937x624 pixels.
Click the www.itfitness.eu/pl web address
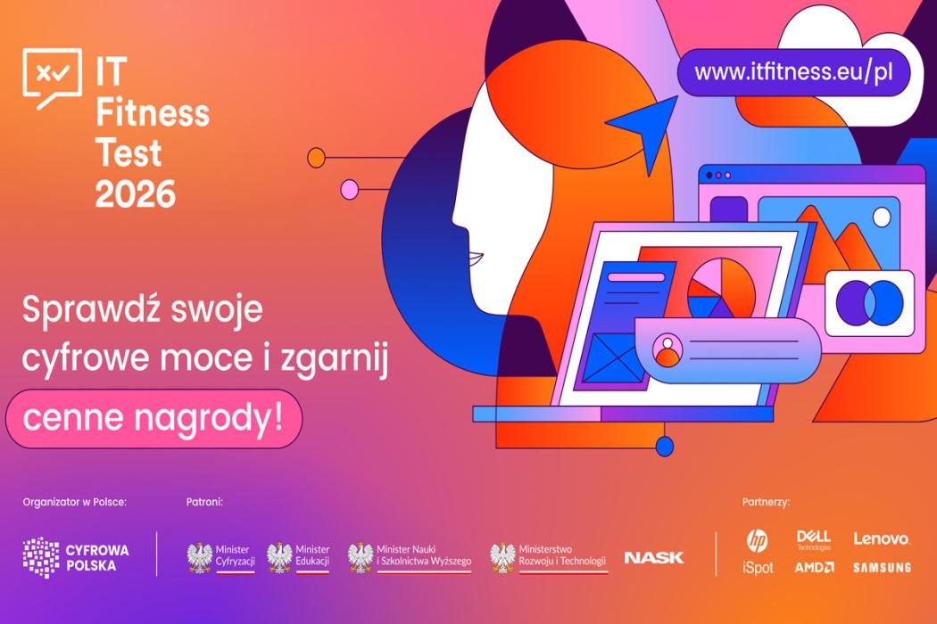click(x=793, y=72)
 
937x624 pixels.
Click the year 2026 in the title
click(x=136, y=193)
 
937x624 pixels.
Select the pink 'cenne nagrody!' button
click(x=153, y=419)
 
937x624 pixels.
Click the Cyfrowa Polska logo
click(x=76, y=557)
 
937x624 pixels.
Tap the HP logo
click(x=757, y=540)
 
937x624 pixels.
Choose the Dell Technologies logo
click(x=814, y=540)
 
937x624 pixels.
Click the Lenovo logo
click(x=882, y=539)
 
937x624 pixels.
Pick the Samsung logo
click(x=882, y=567)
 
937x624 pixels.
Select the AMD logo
click(x=814, y=567)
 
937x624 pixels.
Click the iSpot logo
click(x=758, y=567)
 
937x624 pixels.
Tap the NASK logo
click(x=654, y=558)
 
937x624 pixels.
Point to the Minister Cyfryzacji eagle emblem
click(x=200, y=558)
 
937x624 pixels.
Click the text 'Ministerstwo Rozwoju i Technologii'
click(x=562, y=555)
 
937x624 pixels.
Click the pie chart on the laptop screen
click(x=721, y=289)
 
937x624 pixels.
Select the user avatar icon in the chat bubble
click(x=668, y=350)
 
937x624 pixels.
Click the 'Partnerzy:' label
click(x=766, y=502)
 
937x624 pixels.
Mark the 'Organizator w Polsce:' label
click(x=75, y=502)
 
